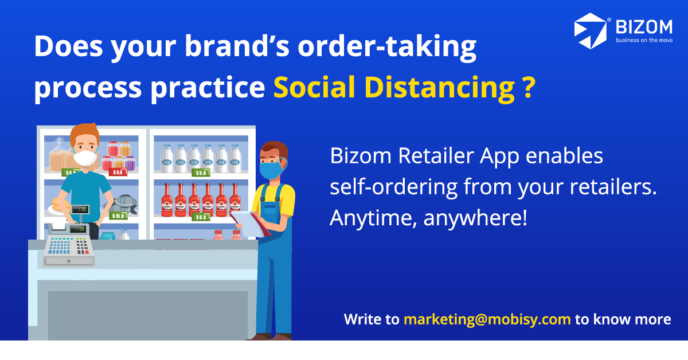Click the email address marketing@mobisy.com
coord(487,319)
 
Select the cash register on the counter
coord(69,244)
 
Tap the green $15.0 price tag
coord(119,216)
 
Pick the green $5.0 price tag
coord(201,173)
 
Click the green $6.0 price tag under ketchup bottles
coord(201,217)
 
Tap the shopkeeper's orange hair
coord(84,134)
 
